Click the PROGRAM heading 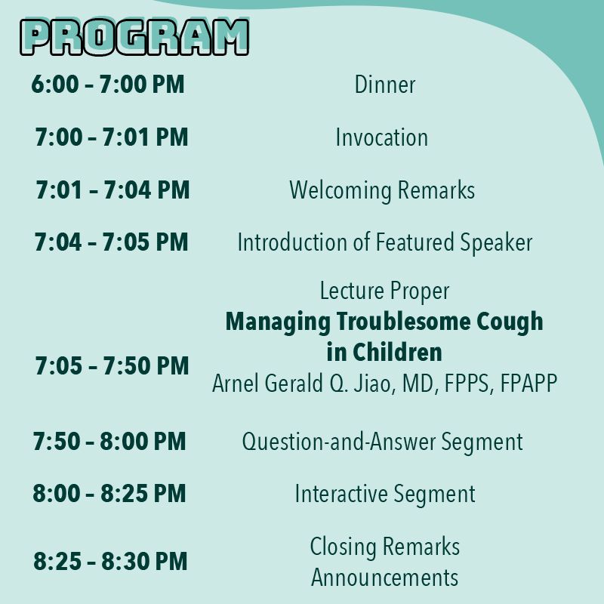(134, 36)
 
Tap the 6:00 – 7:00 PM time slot (108, 84)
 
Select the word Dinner (385, 85)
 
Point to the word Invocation (382, 137)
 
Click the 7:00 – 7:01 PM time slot (111, 137)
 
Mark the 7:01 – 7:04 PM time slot (112, 190)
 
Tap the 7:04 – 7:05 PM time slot (111, 242)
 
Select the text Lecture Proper (384, 291)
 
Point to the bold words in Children (384, 352)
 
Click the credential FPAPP (528, 383)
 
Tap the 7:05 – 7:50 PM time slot (112, 365)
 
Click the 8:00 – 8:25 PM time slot (109, 493)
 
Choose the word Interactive (341, 494)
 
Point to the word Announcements (384, 578)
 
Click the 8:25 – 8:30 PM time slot (110, 560)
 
